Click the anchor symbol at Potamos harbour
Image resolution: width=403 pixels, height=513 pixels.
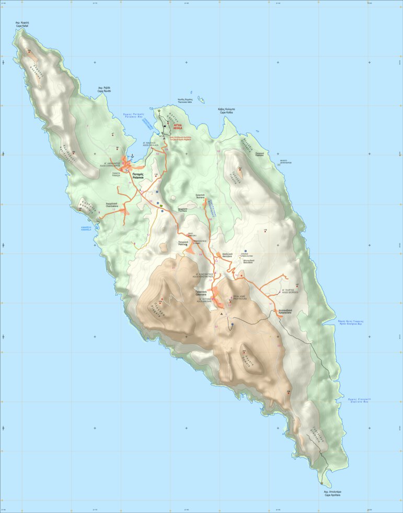click(132, 156)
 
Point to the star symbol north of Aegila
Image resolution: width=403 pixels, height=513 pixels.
click(159, 111)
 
